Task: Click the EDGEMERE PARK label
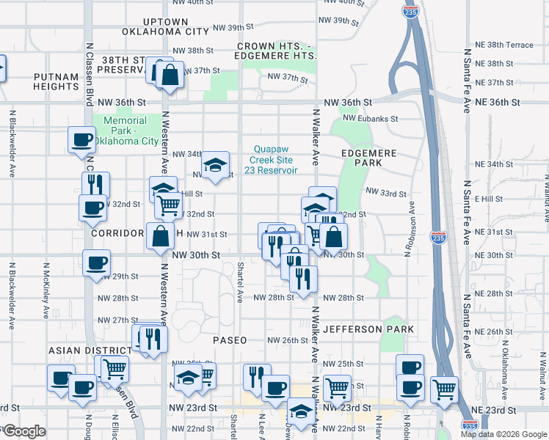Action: pos(369,158)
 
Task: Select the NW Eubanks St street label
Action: pos(373,118)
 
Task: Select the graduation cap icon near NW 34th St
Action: pos(216,165)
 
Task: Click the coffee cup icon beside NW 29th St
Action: pos(96,263)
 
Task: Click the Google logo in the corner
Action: pos(24,431)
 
